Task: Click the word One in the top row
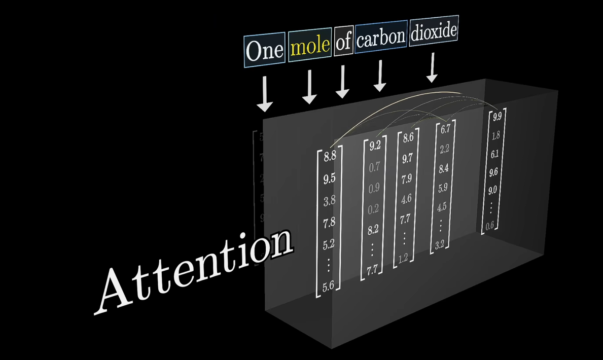pyautogui.click(x=264, y=51)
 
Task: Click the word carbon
pyautogui.click(x=381, y=37)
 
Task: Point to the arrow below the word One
pyautogui.click(x=264, y=94)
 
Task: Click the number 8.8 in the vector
pyautogui.click(x=330, y=156)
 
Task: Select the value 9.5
pyautogui.click(x=330, y=178)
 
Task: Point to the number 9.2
pyautogui.click(x=375, y=146)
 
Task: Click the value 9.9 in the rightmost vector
pyautogui.click(x=497, y=117)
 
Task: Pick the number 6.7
pyautogui.click(x=445, y=129)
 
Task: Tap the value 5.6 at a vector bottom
pyautogui.click(x=328, y=285)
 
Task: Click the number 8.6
pyautogui.click(x=408, y=137)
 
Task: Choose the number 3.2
pyautogui.click(x=439, y=244)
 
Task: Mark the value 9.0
pyautogui.click(x=492, y=191)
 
